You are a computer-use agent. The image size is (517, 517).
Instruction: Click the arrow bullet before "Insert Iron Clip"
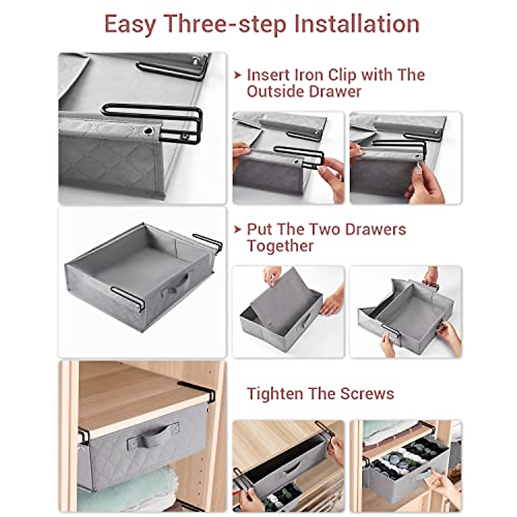pos(237,75)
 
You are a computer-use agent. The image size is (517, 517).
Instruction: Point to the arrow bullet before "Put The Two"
pos(237,229)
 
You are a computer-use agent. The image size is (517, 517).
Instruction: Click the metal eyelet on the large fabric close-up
pos(149,130)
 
